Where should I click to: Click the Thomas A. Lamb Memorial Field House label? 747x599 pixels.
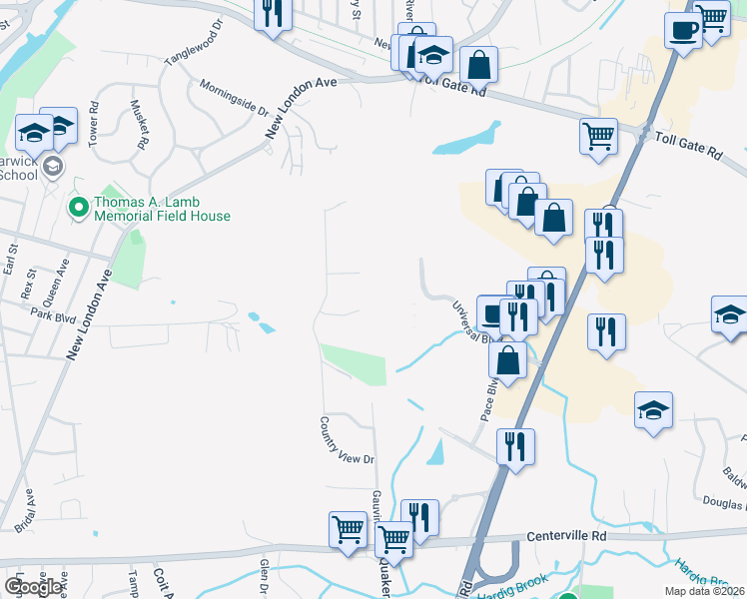coord(162,208)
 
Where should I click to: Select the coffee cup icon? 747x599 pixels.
coord(684,29)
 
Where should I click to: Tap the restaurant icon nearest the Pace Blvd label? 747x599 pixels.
coord(515,446)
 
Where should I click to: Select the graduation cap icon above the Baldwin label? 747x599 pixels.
coord(654,409)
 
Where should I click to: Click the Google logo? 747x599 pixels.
coord(33,587)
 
